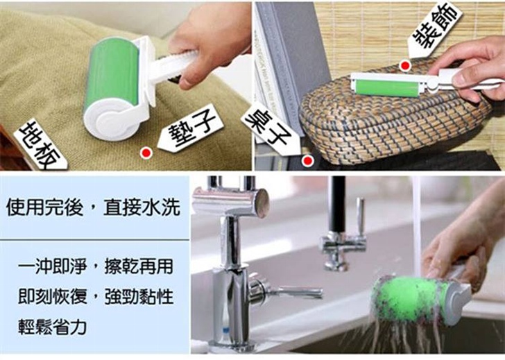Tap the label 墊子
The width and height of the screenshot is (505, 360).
pos(191,128)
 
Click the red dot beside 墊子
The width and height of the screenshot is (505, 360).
pos(146,153)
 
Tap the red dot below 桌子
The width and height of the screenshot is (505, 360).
pos(308,160)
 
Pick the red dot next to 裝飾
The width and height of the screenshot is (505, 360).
pos(405,66)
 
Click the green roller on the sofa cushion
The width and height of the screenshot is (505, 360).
pos(111,76)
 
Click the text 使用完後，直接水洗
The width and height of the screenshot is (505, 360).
pos(93,207)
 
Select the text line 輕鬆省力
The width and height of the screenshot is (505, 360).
pos(52,326)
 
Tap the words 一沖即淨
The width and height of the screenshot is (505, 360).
pos(52,266)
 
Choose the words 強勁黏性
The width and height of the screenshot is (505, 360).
pos(139,297)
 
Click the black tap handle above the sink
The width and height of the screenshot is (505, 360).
pos(339,204)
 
